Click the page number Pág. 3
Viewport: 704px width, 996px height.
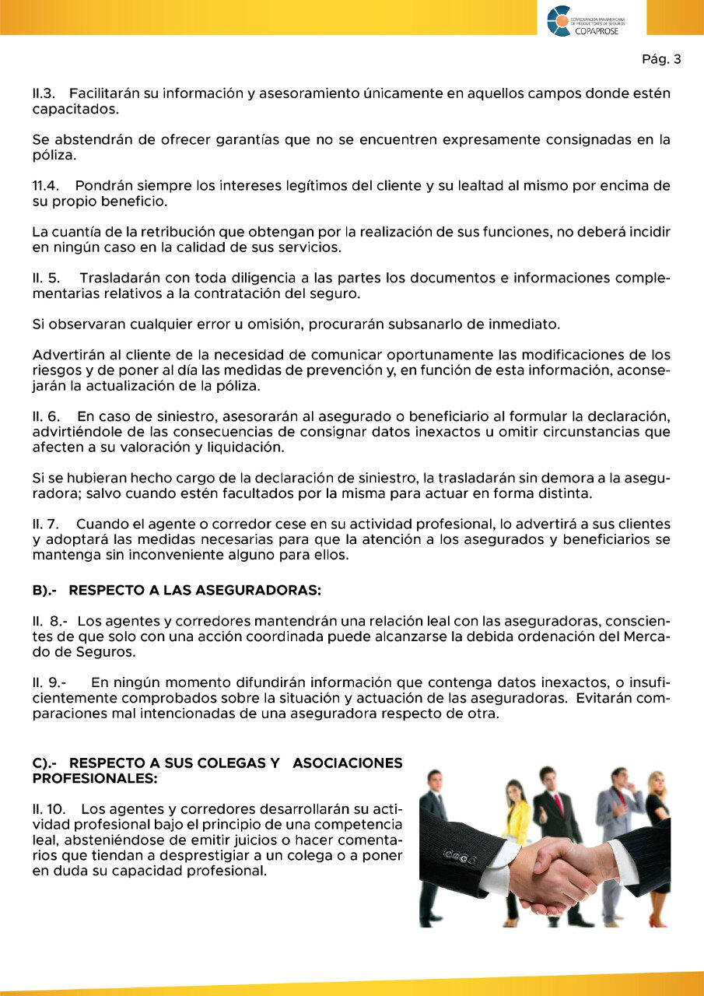tap(661, 59)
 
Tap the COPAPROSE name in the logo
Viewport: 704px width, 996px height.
tap(597, 30)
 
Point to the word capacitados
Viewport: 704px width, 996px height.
tap(75, 109)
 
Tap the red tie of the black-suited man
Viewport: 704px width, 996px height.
tap(558, 802)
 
